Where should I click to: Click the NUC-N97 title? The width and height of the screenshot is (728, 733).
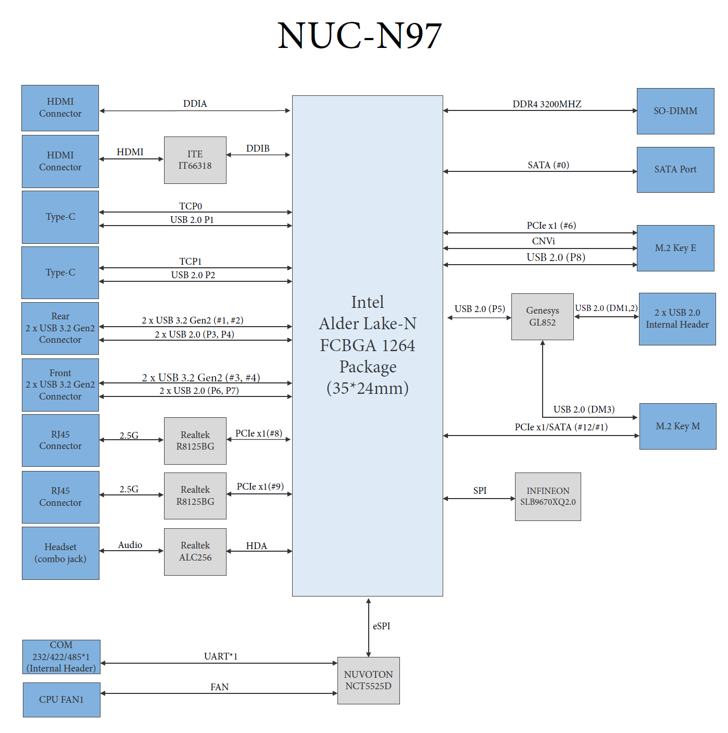(x=359, y=36)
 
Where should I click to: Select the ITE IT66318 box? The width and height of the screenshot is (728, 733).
(x=195, y=160)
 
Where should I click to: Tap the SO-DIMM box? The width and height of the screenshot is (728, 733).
(x=675, y=111)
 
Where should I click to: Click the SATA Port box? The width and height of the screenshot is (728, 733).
(x=675, y=169)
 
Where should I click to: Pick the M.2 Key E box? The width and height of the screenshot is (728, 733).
(x=675, y=248)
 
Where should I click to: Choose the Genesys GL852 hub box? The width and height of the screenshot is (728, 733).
(x=542, y=316)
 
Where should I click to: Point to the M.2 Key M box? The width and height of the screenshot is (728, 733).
(x=677, y=426)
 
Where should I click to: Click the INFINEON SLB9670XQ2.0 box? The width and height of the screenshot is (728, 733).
(x=547, y=496)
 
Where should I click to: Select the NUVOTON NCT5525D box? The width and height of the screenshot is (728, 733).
(x=368, y=680)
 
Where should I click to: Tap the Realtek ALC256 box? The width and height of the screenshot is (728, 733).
(x=195, y=551)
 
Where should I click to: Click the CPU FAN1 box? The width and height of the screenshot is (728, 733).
(x=61, y=700)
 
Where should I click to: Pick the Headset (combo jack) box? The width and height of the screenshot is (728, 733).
(x=60, y=553)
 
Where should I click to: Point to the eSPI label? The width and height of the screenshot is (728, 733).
(x=381, y=626)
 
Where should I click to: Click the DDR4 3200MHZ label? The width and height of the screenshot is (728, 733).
(x=546, y=104)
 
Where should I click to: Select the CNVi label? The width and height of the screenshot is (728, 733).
(x=543, y=241)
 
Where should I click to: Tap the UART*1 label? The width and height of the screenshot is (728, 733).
(x=220, y=656)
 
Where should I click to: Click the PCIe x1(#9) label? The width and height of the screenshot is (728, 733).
(x=260, y=487)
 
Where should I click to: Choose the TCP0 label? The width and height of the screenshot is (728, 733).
(x=191, y=206)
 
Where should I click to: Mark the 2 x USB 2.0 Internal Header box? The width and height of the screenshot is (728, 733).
(x=677, y=319)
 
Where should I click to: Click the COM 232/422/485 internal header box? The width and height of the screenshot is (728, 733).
(x=61, y=656)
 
